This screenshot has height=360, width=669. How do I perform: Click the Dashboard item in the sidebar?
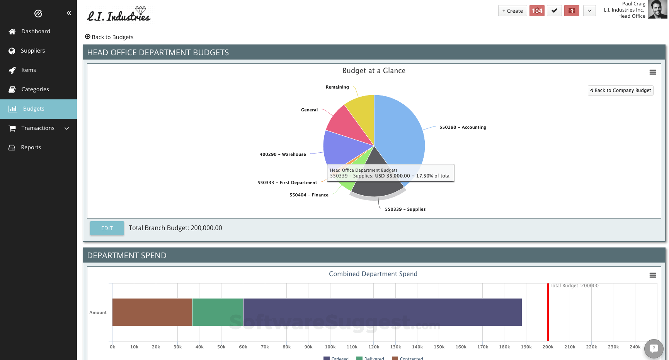[x=35, y=31]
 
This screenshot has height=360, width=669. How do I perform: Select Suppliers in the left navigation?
[x=32, y=51]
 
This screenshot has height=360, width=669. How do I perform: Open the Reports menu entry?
[x=31, y=147]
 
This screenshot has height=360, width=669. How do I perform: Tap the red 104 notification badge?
[x=537, y=11]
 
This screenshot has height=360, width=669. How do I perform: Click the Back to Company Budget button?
[x=620, y=90]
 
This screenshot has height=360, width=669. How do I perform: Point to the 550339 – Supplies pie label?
[x=405, y=209]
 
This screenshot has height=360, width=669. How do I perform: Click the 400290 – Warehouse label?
[x=283, y=154]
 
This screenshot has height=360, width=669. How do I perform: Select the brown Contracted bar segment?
[x=152, y=312]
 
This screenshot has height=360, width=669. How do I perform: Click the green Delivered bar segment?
[x=218, y=312]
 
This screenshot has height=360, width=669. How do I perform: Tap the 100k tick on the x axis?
[x=330, y=347]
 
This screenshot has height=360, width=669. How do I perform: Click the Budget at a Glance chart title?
[x=374, y=71]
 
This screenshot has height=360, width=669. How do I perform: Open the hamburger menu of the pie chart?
[x=652, y=72]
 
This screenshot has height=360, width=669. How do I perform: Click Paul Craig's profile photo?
[x=657, y=10]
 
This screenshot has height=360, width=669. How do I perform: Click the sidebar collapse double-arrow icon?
[x=69, y=13]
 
